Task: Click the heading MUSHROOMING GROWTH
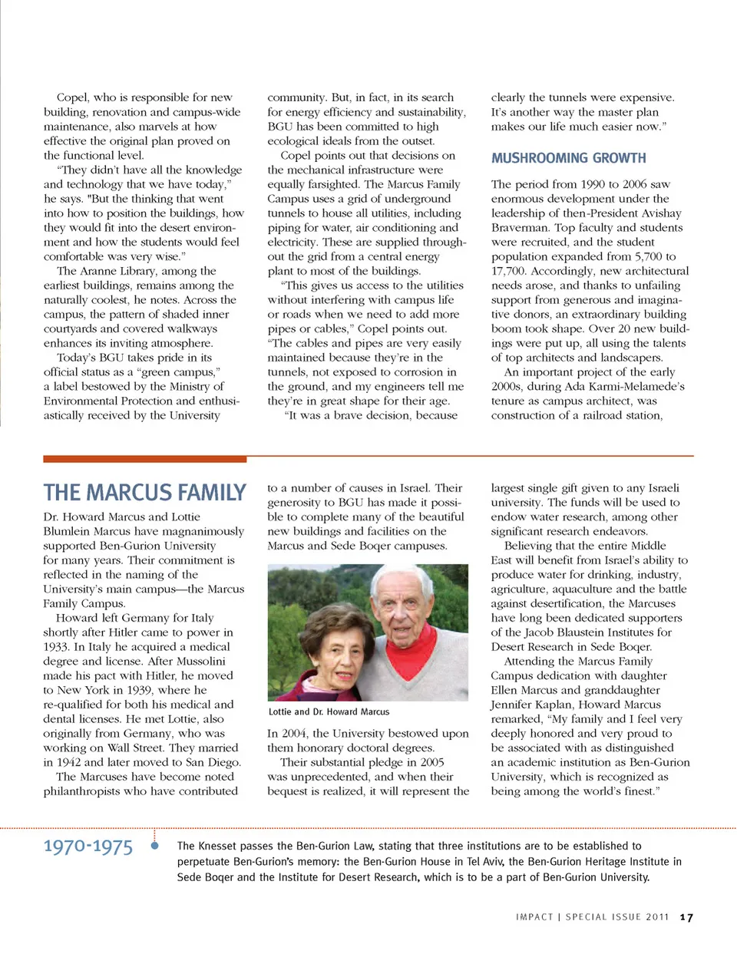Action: coord(568,158)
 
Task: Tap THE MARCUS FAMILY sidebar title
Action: coord(145,492)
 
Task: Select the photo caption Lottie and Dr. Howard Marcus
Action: coord(329,711)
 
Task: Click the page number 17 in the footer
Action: coord(686,917)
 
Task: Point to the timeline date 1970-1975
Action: coord(88,847)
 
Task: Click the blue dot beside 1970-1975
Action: coord(154,846)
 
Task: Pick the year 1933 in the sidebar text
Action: coord(56,647)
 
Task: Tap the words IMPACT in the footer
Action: coord(534,917)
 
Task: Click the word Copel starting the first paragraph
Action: coord(72,97)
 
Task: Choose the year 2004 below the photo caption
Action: coord(294,734)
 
